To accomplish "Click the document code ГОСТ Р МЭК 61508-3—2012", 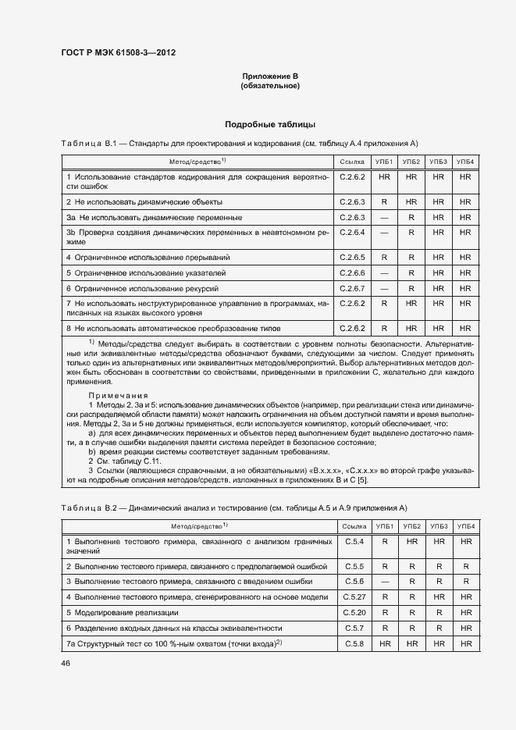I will [118, 53].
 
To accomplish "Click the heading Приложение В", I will [270, 76].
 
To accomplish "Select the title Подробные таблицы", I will [270, 124].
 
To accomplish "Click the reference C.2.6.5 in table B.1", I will [353, 257].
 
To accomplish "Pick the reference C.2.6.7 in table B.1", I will [353, 288].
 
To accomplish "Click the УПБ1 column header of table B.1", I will [384, 162].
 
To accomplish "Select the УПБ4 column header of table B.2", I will [465, 527].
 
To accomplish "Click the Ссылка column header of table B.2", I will [354, 527].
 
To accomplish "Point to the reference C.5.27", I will [354, 597].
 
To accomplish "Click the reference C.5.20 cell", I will [354, 613].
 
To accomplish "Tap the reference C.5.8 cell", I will [354, 644].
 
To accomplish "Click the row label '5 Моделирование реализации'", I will [122, 613].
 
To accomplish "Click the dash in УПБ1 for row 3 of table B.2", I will [384, 582].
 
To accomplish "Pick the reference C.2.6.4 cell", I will [353, 233].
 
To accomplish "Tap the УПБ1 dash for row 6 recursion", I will [384, 288].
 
